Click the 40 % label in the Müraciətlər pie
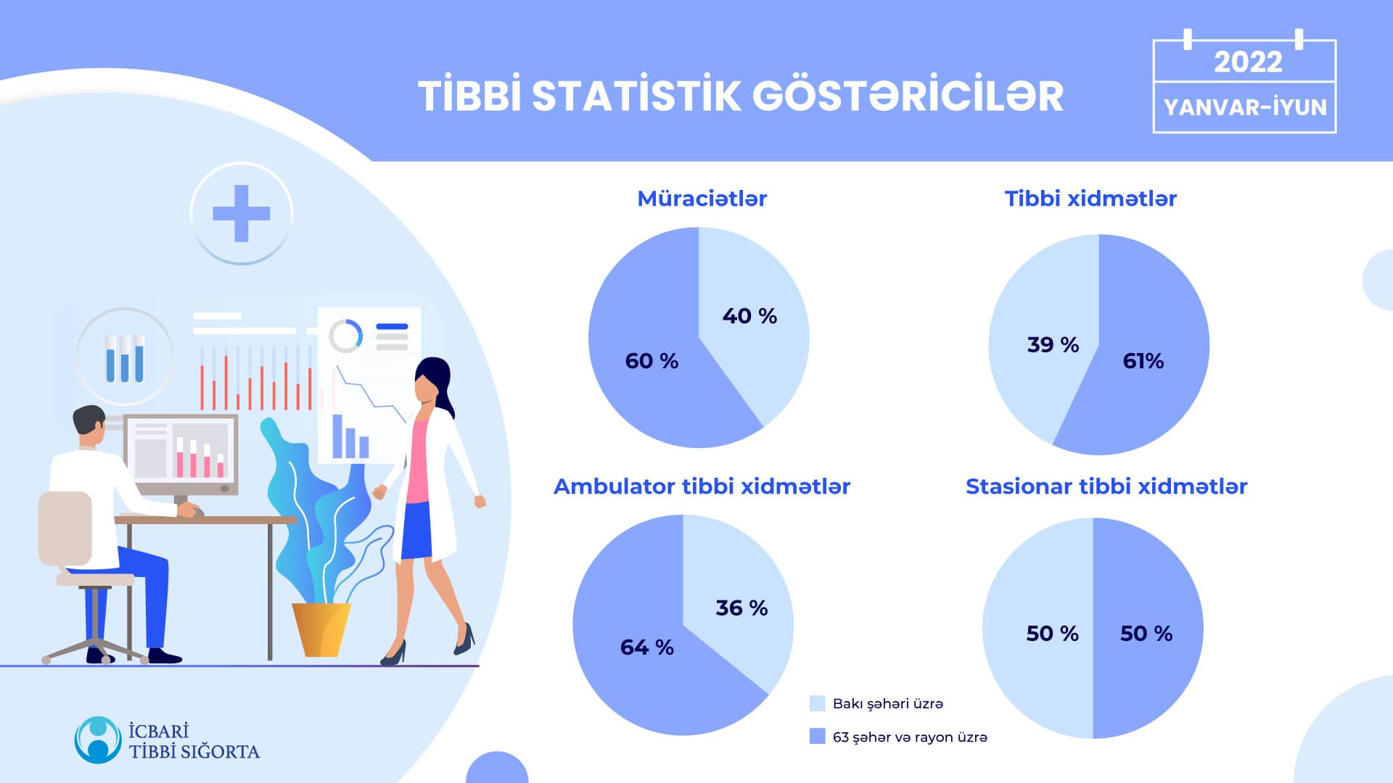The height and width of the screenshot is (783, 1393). point(749,316)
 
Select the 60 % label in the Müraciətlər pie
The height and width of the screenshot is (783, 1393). point(652,361)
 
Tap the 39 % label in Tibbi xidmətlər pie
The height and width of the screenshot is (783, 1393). point(1053,344)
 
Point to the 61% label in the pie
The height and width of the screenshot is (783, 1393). point(1143,361)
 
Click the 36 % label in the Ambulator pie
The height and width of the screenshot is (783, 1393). point(741,608)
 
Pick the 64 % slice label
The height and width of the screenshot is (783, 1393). point(646,647)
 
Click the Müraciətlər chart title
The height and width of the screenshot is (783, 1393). point(702,199)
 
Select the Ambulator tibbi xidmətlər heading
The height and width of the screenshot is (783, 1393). point(702,486)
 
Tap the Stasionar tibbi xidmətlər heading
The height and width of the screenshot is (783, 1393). point(1106,486)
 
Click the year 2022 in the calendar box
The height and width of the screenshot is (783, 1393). point(1248,62)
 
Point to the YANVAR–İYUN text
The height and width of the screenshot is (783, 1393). point(1245,107)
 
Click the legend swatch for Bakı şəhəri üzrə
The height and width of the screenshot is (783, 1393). point(817,703)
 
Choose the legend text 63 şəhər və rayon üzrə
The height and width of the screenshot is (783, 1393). point(910,737)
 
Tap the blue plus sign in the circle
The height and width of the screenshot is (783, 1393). point(242,213)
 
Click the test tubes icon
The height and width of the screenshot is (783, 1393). point(125,357)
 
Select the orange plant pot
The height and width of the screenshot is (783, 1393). point(321,630)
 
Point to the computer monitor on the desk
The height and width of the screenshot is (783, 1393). point(181,455)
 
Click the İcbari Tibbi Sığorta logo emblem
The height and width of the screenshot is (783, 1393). point(98,740)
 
